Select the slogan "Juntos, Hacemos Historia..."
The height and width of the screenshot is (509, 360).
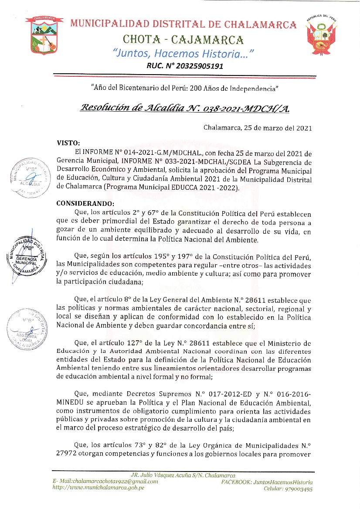tap(183, 54)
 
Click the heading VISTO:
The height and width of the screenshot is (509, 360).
tap(69, 143)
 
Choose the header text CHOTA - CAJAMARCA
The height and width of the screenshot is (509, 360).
tap(183, 40)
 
